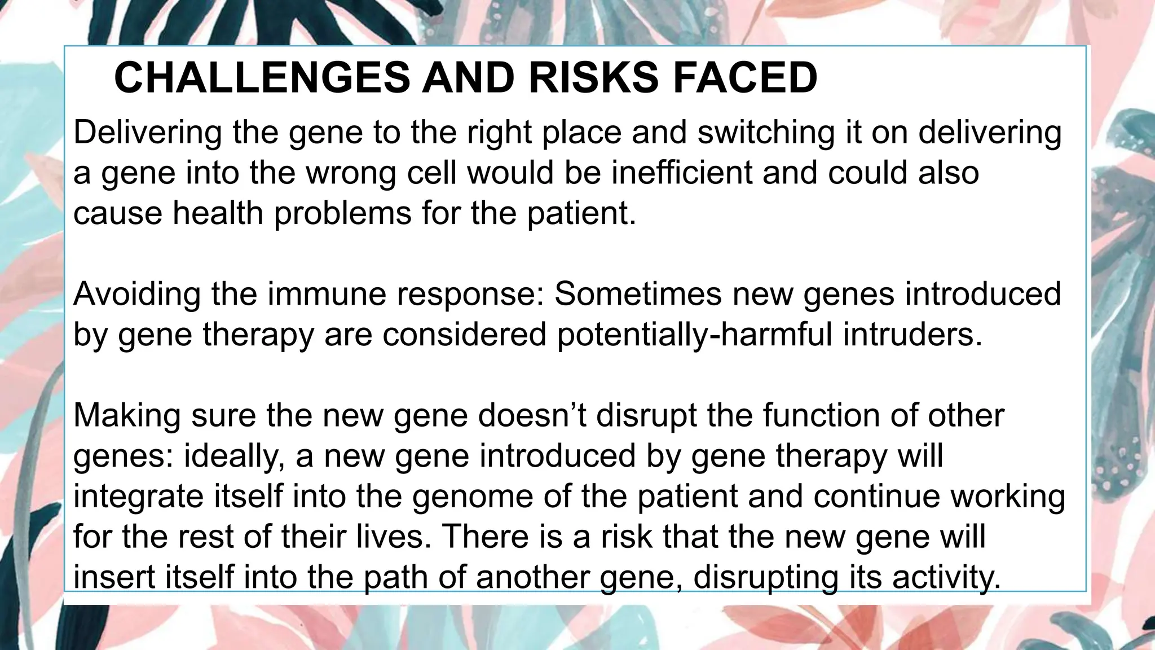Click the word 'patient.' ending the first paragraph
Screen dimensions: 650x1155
click(x=581, y=213)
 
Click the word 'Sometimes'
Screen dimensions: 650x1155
click(x=638, y=294)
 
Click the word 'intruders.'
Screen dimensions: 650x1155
click(x=912, y=335)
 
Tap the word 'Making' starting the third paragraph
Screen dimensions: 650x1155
click(x=127, y=415)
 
